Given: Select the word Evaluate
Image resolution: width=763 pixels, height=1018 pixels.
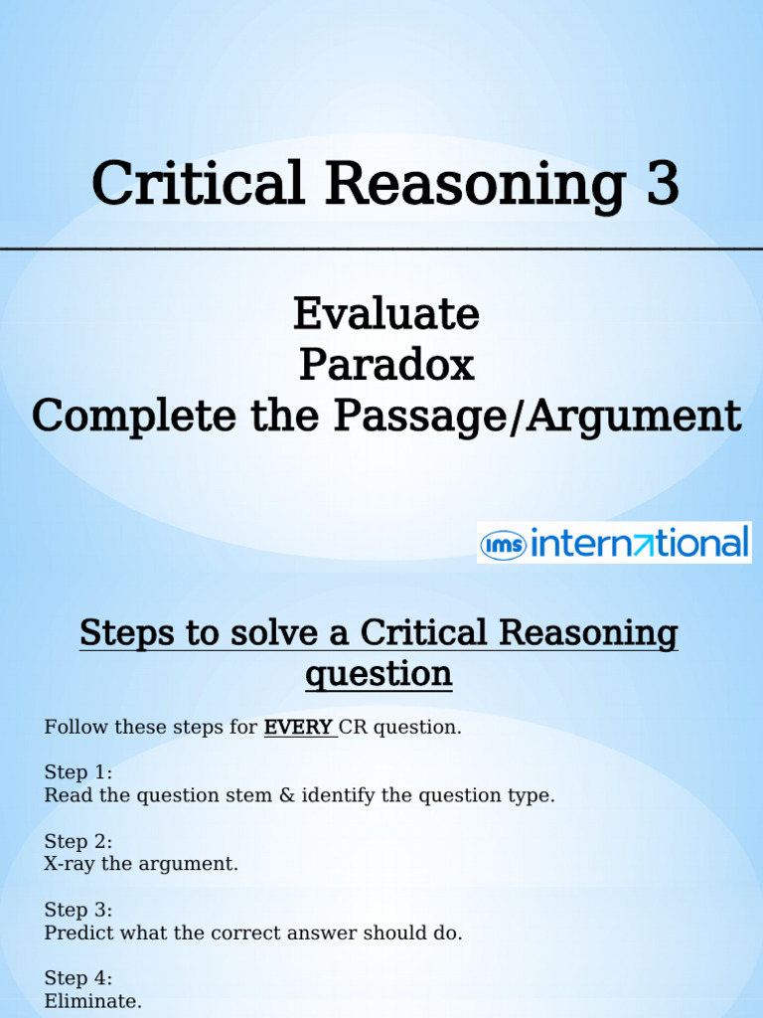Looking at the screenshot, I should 385,314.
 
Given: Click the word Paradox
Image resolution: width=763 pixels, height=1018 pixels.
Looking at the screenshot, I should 385,366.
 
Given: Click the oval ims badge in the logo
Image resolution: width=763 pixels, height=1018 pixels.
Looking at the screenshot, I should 504,544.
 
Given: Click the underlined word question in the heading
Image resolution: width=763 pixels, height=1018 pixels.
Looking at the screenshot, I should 379,674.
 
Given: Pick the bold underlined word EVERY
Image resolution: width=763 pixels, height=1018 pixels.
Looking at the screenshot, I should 298,727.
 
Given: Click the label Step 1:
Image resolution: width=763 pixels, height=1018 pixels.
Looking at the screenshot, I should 78,772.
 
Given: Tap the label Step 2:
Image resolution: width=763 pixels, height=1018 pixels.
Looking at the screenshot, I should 78,841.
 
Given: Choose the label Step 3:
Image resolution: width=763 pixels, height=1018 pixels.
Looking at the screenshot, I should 78,910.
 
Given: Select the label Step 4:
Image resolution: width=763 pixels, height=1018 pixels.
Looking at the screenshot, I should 78,978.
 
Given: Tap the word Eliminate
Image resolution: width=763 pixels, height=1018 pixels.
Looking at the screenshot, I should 92,1001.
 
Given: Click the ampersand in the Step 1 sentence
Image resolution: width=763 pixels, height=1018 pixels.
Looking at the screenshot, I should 286,795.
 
